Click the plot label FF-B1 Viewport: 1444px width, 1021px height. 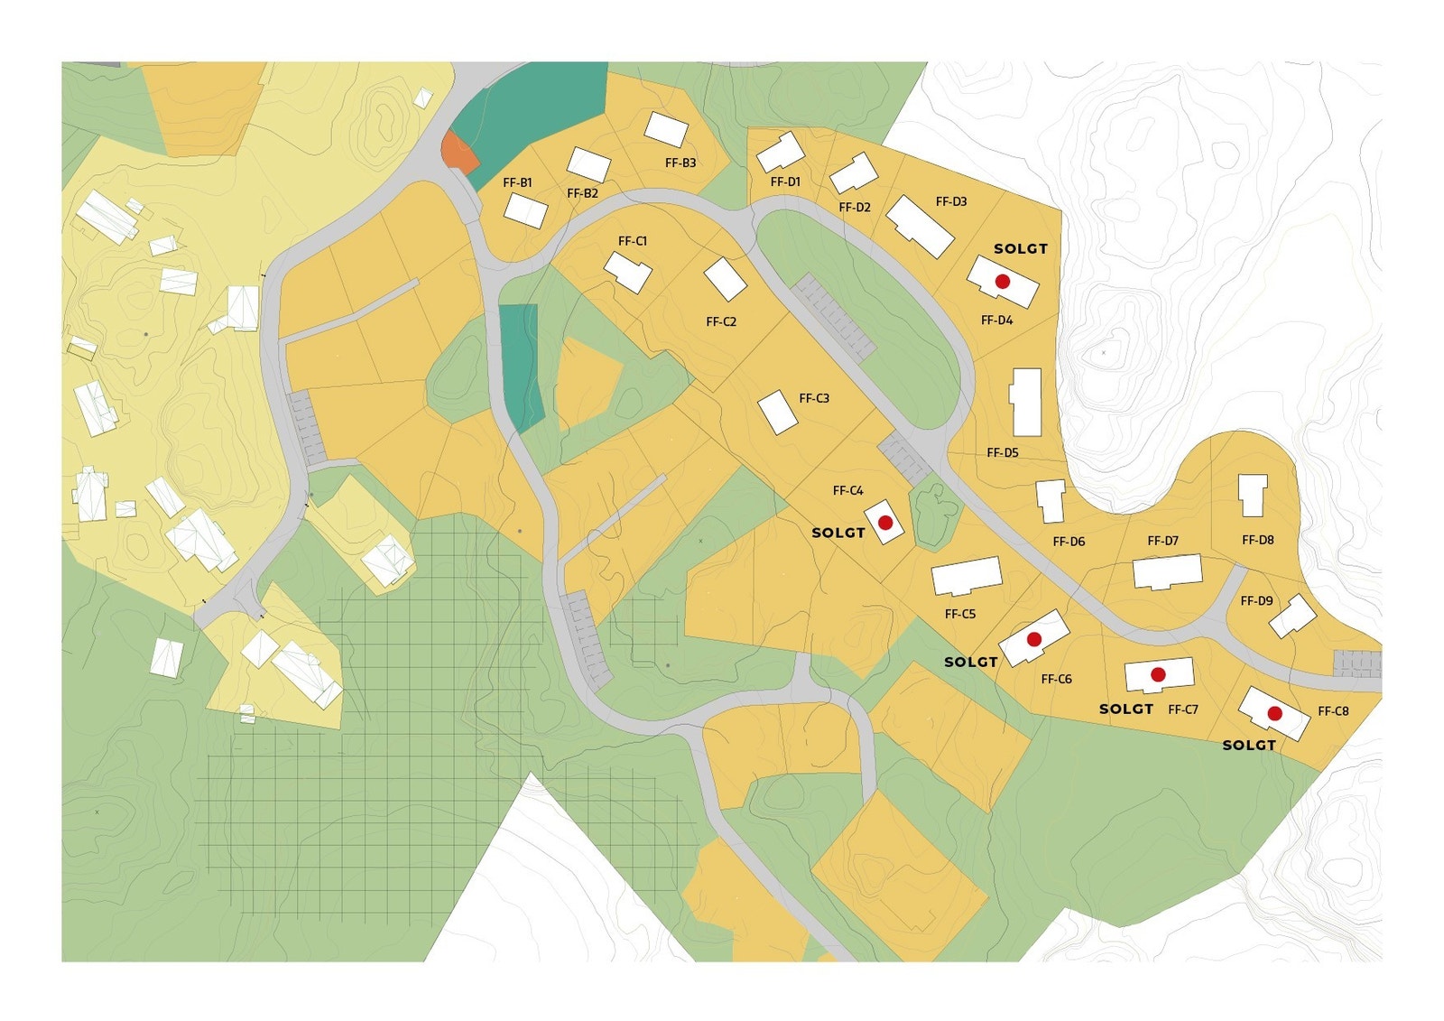coord(517,182)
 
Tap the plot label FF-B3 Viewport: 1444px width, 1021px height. coord(680,163)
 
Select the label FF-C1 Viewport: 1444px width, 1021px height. coord(633,241)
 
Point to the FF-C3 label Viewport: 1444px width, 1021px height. coord(814,398)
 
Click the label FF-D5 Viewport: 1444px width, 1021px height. coord(1003,452)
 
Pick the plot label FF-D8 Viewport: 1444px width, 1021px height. coord(1257,540)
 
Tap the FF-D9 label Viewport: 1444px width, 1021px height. coord(1256,600)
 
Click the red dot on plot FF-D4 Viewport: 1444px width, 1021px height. coord(1002,282)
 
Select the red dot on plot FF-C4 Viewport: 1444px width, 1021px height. coord(885,523)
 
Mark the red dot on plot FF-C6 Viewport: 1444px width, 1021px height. coord(1034,639)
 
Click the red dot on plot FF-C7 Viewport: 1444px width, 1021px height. coord(1158,674)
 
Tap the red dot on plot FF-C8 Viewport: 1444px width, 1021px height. coord(1274,713)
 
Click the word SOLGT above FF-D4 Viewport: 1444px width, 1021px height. coord(1021,248)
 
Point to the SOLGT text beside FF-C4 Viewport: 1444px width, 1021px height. coord(838,533)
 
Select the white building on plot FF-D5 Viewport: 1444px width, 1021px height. coord(1026,402)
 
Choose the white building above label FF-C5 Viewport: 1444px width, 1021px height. coord(967,576)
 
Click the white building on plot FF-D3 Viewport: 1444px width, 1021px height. coord(920,226)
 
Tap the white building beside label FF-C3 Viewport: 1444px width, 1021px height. coord(777,412)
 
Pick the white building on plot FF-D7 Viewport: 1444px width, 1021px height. coord(1167,572)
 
